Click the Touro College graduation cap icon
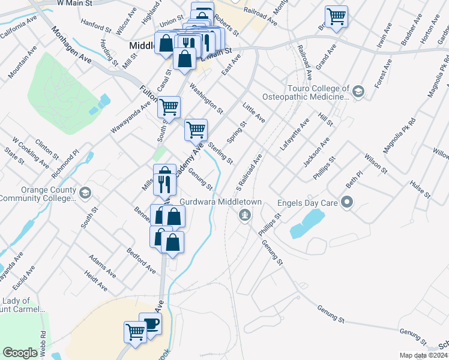[x=358, y=91]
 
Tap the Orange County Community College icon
[x=85, y=193]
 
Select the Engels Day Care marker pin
[x=346, y=202]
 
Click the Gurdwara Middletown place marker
[x=244, y=215]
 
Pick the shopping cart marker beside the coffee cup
[x=135, y=331]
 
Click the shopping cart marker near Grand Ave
[x=336, y=16]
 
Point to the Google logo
[x=20, y=353]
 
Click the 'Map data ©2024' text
[x=424, y=355]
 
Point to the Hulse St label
[x=420, y=187]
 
